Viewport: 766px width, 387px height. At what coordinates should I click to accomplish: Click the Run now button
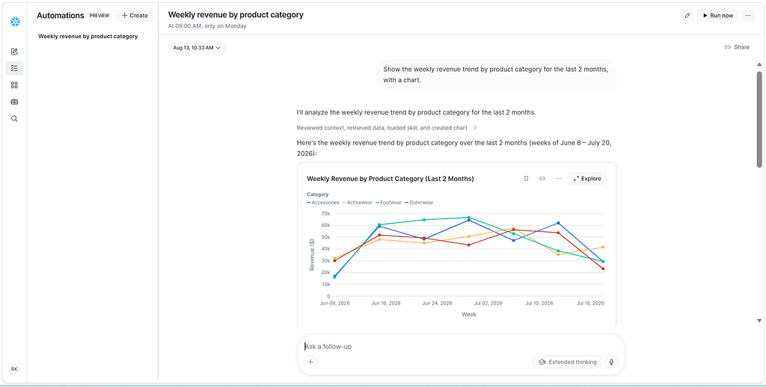pyautogui.click(x=717, y=16)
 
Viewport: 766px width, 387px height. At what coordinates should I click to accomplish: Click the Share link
pyautogui.click(x=737, y=47)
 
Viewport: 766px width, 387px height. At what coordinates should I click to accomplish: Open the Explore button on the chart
pyautogui.click(x=587, y=179)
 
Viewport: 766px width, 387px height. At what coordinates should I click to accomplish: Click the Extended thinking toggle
pyautogui.click(x=567, y=362)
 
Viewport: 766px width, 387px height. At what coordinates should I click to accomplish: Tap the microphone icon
pyautogui.click(x=611, y=362)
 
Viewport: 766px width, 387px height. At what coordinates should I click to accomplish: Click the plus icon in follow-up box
pyautogui.click(x=310, y=362)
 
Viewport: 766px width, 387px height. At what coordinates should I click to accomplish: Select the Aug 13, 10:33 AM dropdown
pyautogui.click(x=197, y=48)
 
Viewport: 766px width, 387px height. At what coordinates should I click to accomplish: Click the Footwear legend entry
pyautogui.click(x=389, y=202)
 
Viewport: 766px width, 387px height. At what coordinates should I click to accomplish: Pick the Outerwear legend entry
pyautogui.click(x=419, y=202)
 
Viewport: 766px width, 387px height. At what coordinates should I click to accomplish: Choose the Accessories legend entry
pyautogui.click(x=323, y=202)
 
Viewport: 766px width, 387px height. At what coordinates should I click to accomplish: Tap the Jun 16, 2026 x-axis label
pyautogui.click(x=386, y=303)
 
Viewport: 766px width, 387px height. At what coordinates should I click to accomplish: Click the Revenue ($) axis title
pyautogui.click(x=312, y=255)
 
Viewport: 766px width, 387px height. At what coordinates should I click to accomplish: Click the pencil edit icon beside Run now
pyautogui.click(x=687, y=16)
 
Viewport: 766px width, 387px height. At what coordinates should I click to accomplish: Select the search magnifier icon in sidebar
pyautogui.click(x=15, y=119)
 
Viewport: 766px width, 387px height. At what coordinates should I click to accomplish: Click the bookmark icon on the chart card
pyautogui.click(x=526, y=179)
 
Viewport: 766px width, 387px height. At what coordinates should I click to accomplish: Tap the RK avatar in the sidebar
pyautogui.click(x=14, y=369)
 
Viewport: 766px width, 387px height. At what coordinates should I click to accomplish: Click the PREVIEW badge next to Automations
pyautogui.click(x=99, y=16)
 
